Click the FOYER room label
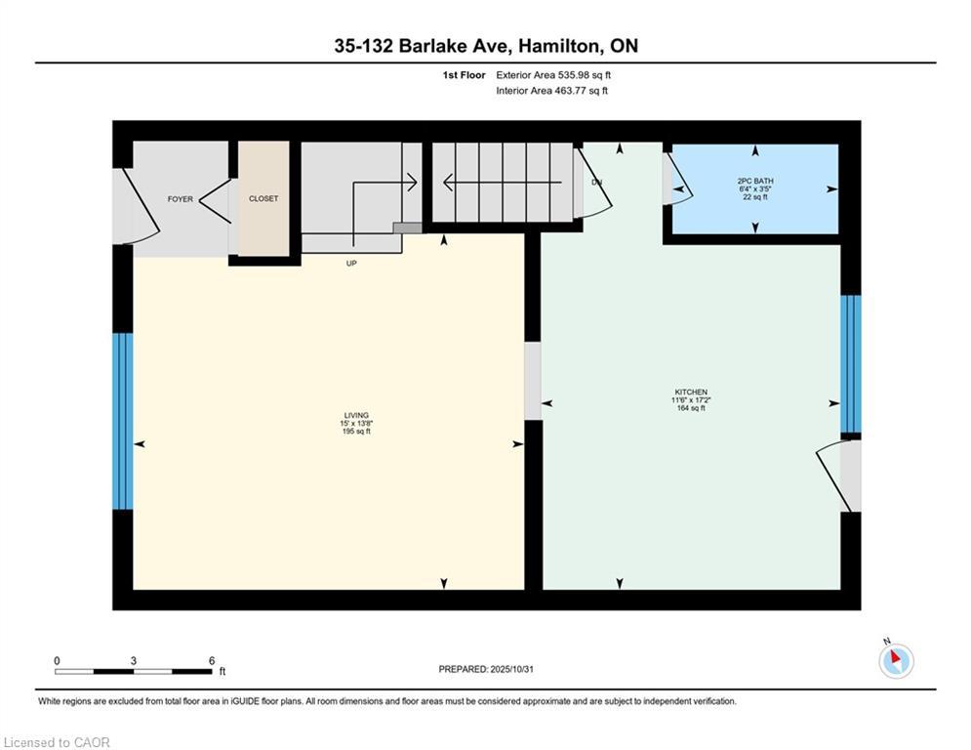pos(180,199)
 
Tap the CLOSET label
pos(263,198)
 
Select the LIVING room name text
pos(355,415)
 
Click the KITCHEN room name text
pos(689,392)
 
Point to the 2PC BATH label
pos(755,181)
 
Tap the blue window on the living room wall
pos(122,422)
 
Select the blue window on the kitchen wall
pos(851,363)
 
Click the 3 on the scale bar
pos(133,660)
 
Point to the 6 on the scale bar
pos(211,660)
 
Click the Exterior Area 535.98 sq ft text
pos(553,75)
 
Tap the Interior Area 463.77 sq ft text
pos(551,91)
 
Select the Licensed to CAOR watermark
pos(57,742)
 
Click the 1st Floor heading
pos(463,75)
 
